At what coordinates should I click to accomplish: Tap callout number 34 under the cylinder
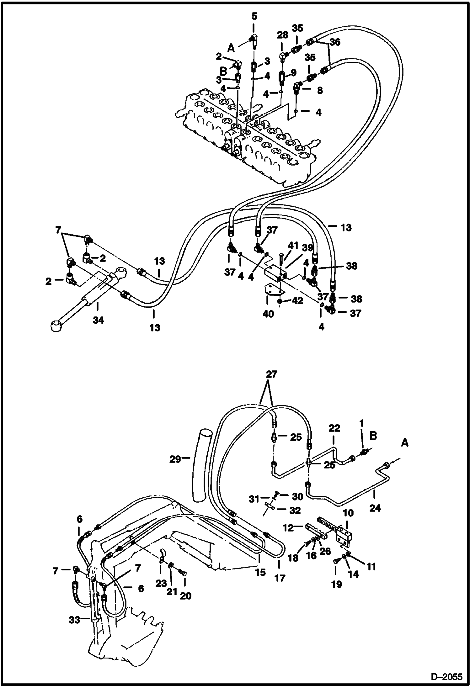point(98,320)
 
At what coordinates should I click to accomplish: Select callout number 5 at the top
point(254,16)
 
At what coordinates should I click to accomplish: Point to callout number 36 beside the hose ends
point(335,42)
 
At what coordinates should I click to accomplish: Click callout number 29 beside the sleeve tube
point(175,459)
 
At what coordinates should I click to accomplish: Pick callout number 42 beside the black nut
point(297,301)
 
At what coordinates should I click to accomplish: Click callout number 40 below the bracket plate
point(268,314)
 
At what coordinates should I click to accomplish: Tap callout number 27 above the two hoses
point(272,374)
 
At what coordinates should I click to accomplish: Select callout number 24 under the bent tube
point(375,508)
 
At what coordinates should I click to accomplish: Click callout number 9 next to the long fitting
point(293,73)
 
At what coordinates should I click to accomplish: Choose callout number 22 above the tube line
point(334,428)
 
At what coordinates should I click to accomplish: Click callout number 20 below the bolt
point(185,595)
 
